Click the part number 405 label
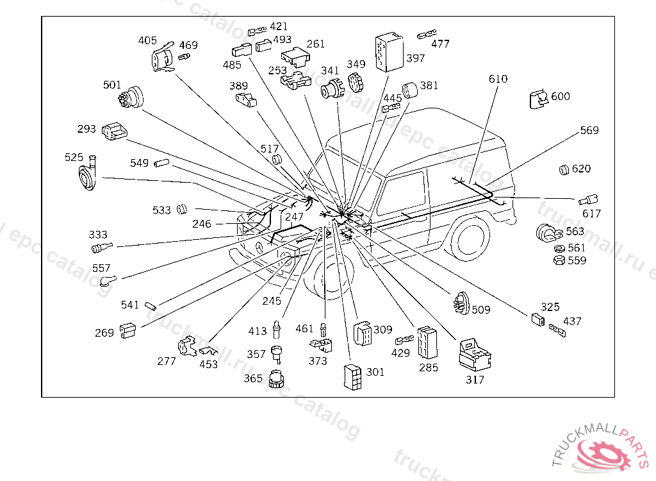(147, 41)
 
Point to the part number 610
(498, 80)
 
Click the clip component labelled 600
(537, 100)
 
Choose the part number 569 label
(589, 131)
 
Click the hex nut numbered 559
(558, 260)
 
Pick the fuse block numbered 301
(352, 376)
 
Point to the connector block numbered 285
(427, 342)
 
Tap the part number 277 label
(167, 362)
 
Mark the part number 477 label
(440, 44)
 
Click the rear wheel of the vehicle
(471, 237)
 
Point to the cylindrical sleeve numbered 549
(160, 164)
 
